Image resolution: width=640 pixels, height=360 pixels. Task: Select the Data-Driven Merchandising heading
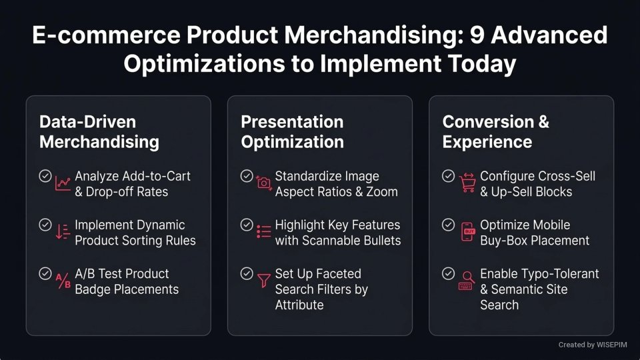click(x=99, y=132)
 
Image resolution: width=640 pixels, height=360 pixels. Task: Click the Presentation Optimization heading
click(x=292, y=132)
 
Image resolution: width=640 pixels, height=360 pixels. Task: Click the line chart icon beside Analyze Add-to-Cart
click(x=63, y=182)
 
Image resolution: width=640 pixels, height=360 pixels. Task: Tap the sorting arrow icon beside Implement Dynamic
click(x=63, y=231)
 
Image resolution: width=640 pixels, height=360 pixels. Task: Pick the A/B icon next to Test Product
click(x=63, y=281)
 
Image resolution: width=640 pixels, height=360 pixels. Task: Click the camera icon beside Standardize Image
click(x=264, y=182)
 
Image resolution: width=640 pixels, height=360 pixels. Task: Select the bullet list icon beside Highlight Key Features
click(x=264, y=231)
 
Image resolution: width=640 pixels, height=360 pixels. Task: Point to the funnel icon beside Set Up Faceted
click(x=264, y=281)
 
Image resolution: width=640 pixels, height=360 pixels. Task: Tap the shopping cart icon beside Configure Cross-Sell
click(x=467, y=182)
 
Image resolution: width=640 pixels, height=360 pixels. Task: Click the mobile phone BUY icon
click(x=467, y=231)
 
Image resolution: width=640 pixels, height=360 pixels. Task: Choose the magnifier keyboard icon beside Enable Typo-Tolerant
click(x=467, y=281)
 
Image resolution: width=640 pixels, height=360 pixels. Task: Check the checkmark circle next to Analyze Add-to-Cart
click(x=45, y=176)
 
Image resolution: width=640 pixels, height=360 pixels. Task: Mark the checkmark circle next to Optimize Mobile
click(x=449, y=225)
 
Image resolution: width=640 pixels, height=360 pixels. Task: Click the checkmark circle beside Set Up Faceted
click(x=247, y=274)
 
